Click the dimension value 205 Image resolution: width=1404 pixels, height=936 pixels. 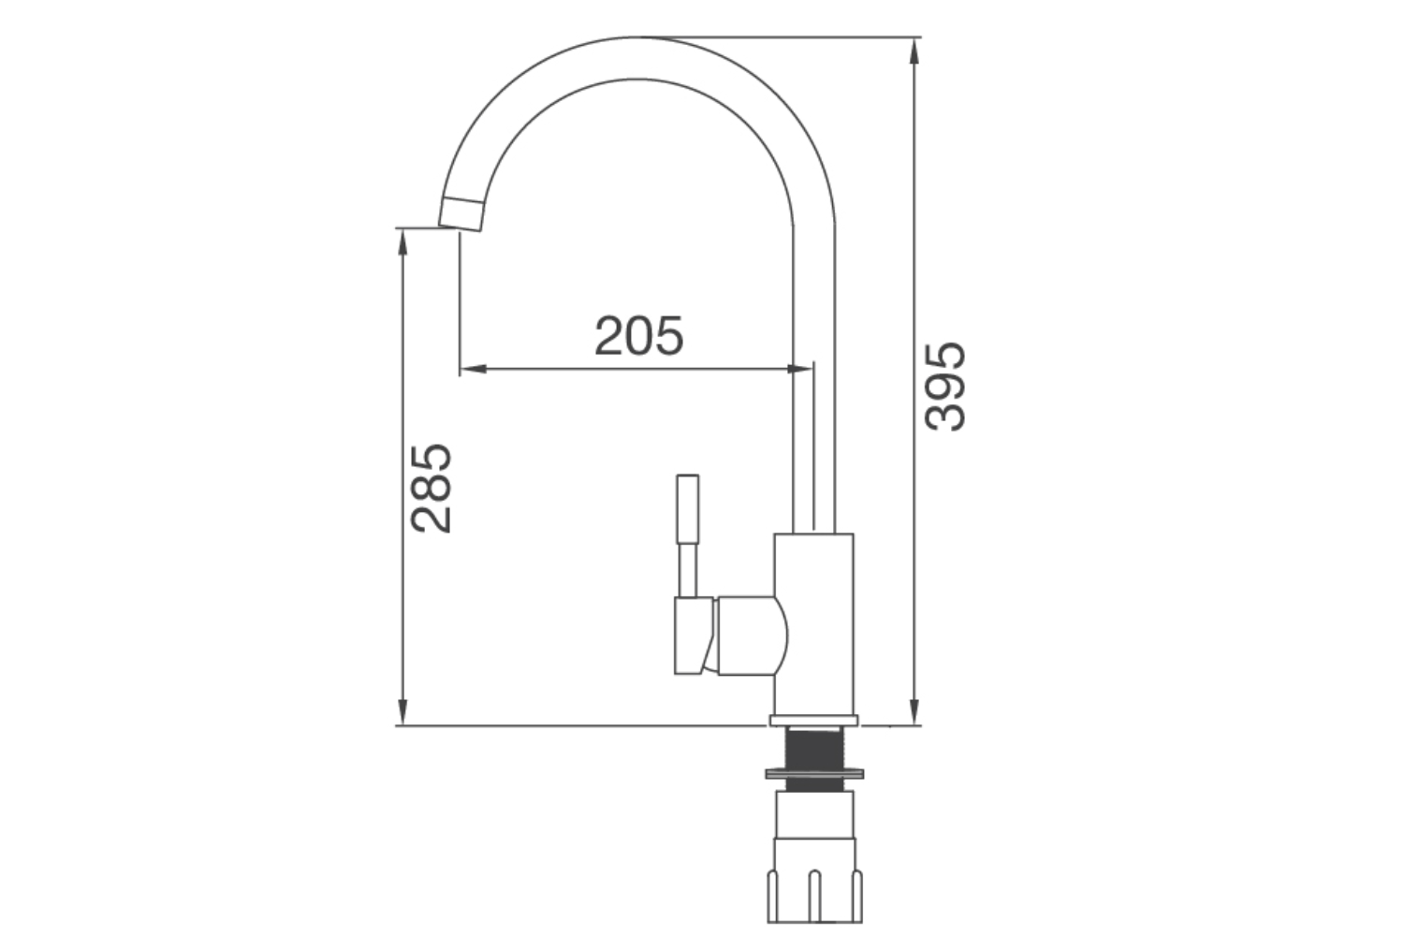[639, 336]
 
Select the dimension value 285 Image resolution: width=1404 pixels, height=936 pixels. [431, 489]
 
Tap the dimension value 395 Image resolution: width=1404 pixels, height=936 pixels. [944, 386]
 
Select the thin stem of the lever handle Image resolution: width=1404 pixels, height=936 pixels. [688, 569]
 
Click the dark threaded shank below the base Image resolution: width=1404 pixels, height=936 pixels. [813, 748]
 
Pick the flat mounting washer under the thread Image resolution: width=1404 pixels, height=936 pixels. [813, 774]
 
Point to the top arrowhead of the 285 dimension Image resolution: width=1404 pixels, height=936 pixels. [402, 240]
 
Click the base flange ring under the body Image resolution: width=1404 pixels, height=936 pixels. [813, 720]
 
